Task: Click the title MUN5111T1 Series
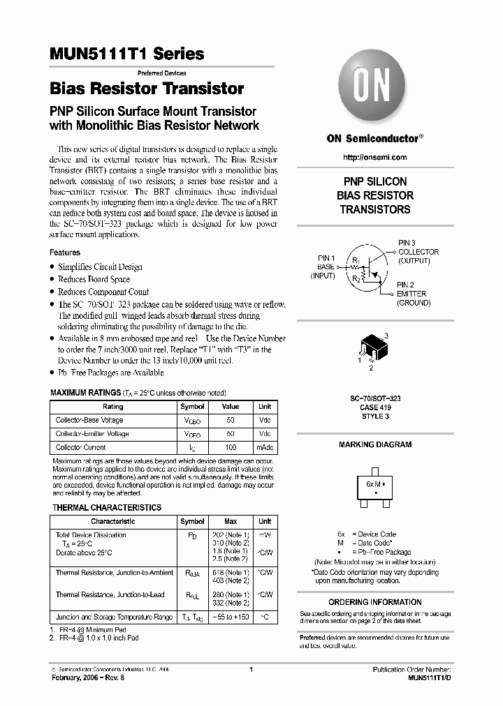point(127,54)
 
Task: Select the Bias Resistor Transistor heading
point(147,89)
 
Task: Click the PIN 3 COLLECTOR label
point(418,251)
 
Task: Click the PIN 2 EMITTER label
point(414,294)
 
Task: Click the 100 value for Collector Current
point(231,447)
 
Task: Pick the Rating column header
point(113,407)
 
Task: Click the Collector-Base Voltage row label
point(89,420)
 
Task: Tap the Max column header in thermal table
point(231,521)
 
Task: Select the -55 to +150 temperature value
point(231,617)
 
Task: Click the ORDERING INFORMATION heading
point(375,602)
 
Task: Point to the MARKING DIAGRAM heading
point(375,444)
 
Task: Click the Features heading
point(65,253)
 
